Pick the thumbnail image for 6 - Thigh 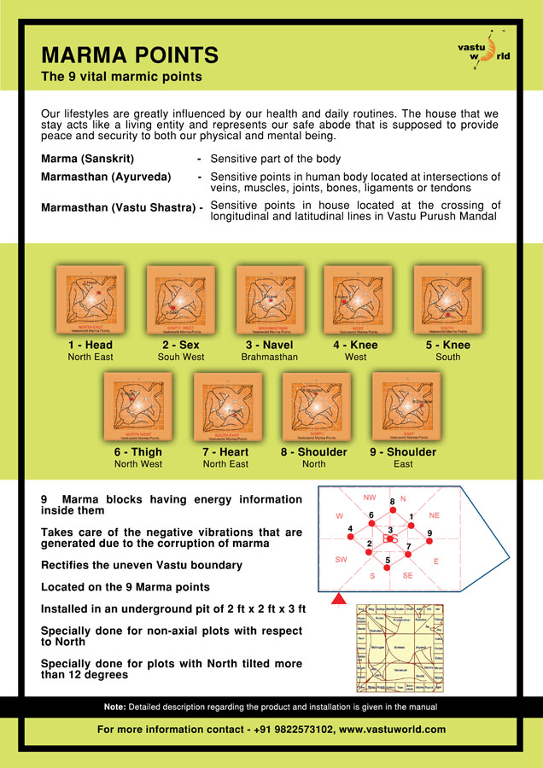[137, 407]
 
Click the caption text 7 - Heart [225, 452]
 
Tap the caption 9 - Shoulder [403, 452]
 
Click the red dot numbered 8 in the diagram [392, 511]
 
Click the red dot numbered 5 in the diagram [388, 567]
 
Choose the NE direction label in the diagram [434, 515]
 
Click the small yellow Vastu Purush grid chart [400, 649]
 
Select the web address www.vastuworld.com [392, 730]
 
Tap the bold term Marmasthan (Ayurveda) [106, 177]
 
